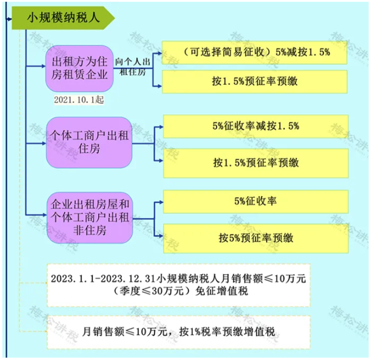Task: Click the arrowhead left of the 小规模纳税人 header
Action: tap(10, 18)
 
